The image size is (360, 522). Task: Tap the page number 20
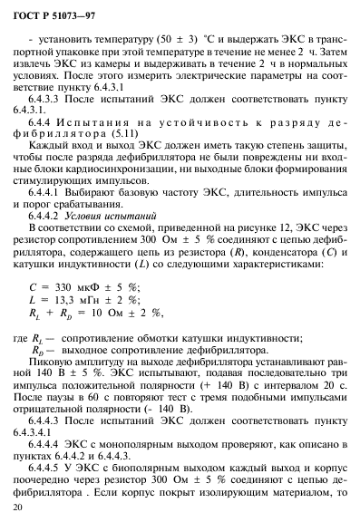pyautogui.click(x=34, y=509)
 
